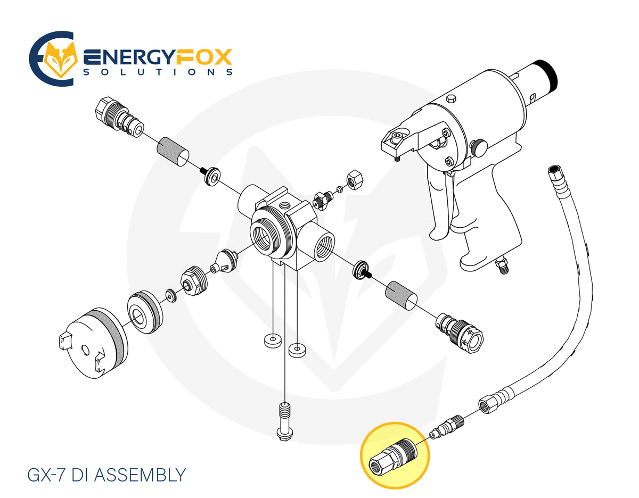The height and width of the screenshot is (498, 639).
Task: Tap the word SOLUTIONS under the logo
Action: (x=158, y=72)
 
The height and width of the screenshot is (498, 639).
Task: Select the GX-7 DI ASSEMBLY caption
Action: (x=106, y=475)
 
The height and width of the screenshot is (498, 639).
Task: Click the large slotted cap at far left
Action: (x=94, y=344)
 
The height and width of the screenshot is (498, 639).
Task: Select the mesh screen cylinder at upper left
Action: (x=173, y=151)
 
